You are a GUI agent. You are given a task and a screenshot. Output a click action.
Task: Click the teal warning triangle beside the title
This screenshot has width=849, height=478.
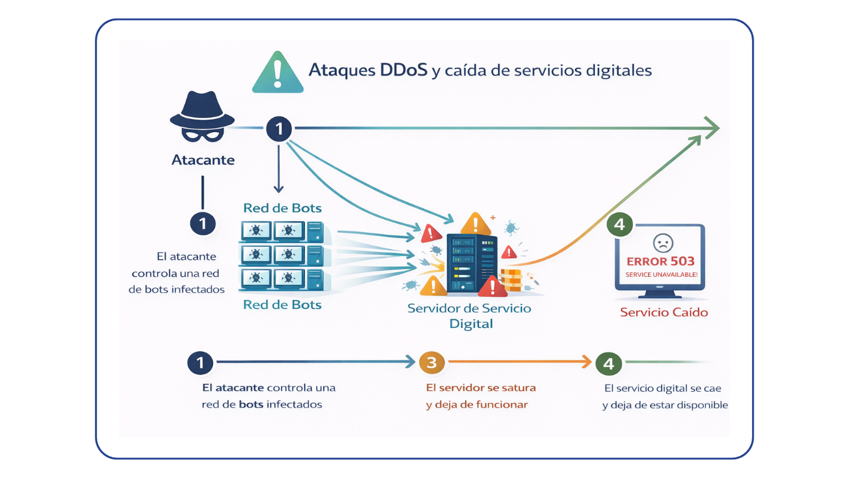(x=278, y=72)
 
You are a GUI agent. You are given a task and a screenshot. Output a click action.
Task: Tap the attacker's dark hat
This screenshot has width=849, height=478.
(x=202, y=110)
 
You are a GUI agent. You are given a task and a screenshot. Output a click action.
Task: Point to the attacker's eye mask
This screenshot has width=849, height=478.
(x=202, y=135)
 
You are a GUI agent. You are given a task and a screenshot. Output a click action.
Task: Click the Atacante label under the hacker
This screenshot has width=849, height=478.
(x=203, y=160)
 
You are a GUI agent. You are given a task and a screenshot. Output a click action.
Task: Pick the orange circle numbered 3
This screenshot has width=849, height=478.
(x=431, y=362)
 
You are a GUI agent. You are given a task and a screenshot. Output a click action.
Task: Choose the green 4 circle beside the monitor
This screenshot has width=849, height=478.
(x=619, y=224)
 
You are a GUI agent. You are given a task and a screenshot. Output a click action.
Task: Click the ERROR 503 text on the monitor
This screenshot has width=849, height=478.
(x=660, y=262)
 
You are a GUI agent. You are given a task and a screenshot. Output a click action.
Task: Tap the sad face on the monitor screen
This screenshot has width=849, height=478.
(x=661, y=242)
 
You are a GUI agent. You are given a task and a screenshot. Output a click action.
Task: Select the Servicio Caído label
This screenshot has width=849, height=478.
(x=664, y=312)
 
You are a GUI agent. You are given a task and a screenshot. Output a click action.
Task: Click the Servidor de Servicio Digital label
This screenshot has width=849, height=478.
(x=470, y=316)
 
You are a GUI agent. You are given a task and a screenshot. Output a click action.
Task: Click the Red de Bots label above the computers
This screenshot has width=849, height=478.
(x=282, y=208)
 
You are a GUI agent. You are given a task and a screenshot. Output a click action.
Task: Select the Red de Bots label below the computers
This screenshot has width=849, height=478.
(x=282, y=305)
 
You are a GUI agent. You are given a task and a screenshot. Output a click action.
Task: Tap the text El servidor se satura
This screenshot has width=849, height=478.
(x=480, y=387)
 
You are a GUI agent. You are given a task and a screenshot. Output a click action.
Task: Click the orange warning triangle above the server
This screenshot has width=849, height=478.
(x=475, y=224)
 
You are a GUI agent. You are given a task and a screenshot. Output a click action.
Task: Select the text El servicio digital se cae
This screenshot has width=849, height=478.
(x=663, y=388)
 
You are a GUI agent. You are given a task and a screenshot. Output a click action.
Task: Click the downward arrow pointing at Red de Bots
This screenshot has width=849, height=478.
(x=279, y=169)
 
